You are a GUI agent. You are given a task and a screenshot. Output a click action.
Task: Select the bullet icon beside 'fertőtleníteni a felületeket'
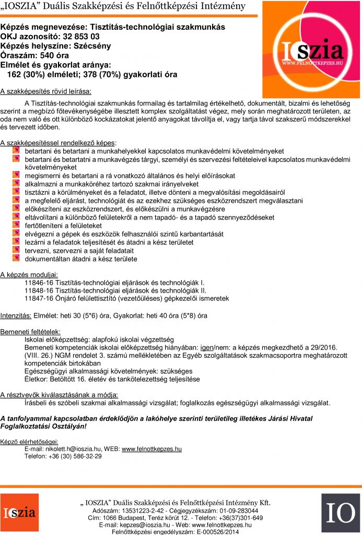click(x=16, y=225)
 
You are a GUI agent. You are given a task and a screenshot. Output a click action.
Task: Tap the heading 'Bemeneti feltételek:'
click(x=30, y=332)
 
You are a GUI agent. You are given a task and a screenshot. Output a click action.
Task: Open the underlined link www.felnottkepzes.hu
click(x=151, y=449)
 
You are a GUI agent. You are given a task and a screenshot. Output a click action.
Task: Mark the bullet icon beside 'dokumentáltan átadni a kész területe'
click(x=16, y=259)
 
